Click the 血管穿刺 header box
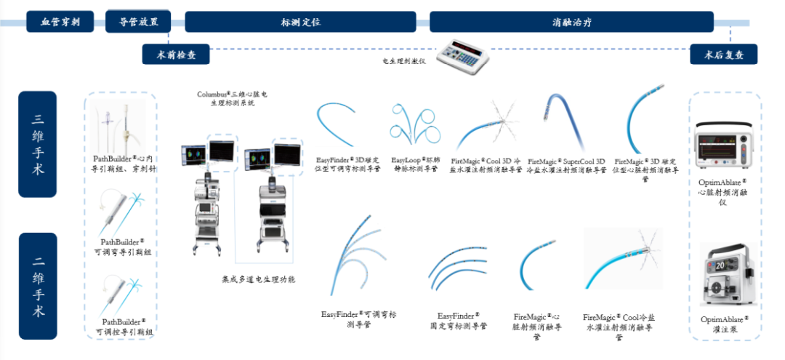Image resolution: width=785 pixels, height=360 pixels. point(60,22)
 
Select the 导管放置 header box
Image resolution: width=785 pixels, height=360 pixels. point(138,22)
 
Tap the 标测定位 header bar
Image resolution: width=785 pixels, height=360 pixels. point(300,22)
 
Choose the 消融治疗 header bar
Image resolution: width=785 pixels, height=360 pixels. point(571,22)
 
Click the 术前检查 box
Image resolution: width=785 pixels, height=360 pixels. point(175,55)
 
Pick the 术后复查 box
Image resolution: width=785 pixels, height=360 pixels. point(723,55)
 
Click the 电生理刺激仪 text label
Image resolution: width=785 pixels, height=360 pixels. point(404,61)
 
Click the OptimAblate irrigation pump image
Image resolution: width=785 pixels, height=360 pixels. point(724,275)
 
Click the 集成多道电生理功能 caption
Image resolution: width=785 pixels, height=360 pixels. point(259,279)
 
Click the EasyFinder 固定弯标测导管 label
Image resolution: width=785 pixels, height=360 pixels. point(458,321)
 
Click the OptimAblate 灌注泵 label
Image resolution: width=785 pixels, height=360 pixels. point(724,324)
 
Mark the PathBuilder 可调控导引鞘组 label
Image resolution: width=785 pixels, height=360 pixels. point(124,326)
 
